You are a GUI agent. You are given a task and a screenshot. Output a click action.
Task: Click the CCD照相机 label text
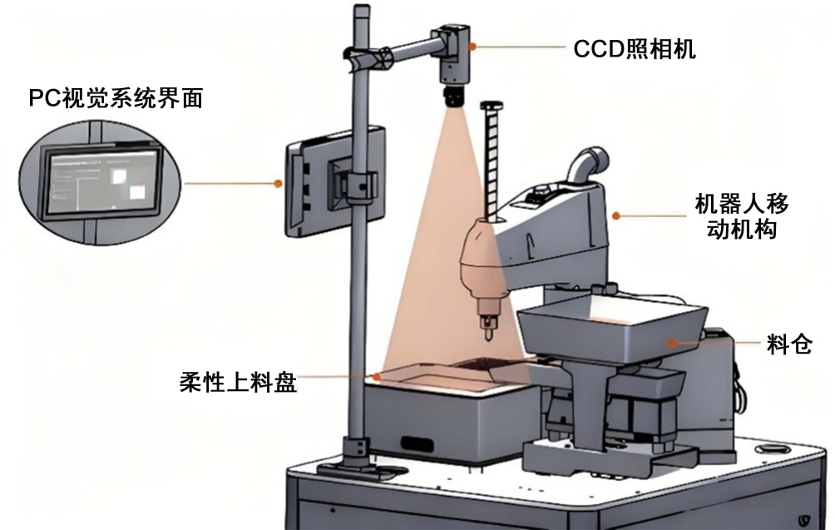coord(635,49)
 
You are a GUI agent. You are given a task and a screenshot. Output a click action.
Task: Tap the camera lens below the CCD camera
coord(454,95)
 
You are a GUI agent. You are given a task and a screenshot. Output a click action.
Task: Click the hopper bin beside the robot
coord(611,328)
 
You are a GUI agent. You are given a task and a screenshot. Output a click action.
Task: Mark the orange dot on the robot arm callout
coord(616,215)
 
